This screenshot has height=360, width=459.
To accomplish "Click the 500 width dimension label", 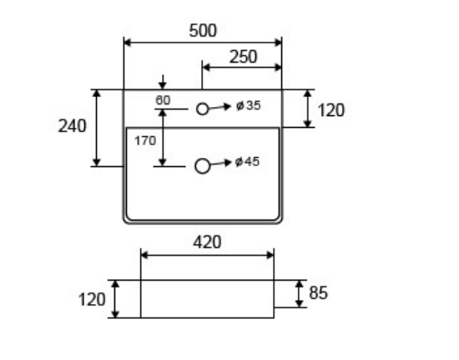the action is coord(203,31).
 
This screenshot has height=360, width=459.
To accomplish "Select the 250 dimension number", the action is coord(243,57).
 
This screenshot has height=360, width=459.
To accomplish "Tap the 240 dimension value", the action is coord(73,126).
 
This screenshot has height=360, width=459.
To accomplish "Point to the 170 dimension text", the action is coord(145,141).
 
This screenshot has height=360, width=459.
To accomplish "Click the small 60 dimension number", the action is coord(163,100).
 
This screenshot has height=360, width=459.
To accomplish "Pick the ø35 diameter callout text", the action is coord(249,105).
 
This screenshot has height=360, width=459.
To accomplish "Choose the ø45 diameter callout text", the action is coord(247,161).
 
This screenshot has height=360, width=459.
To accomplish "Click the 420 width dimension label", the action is coord(207,242).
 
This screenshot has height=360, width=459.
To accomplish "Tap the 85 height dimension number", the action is coord(318,292).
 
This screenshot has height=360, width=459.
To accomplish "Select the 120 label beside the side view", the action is coord(92,300).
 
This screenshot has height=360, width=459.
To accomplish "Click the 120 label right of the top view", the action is coord(331,110).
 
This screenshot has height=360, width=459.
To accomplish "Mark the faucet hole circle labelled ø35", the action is coord(203,109).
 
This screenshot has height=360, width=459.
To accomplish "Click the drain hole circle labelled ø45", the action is coord(202,166).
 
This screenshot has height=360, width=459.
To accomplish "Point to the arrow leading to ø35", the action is coord(219,107).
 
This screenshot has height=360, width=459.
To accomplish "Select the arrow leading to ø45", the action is coord(220,164).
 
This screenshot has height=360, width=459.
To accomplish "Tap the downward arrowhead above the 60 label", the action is coord(163,85).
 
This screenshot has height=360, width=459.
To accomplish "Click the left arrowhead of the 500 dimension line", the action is coord(128,43).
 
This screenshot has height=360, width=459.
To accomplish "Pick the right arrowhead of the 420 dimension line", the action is coord(270,255).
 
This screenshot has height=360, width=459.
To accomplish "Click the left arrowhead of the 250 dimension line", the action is coord(206,68).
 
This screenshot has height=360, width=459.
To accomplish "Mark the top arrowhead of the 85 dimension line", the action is coord(299,284).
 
